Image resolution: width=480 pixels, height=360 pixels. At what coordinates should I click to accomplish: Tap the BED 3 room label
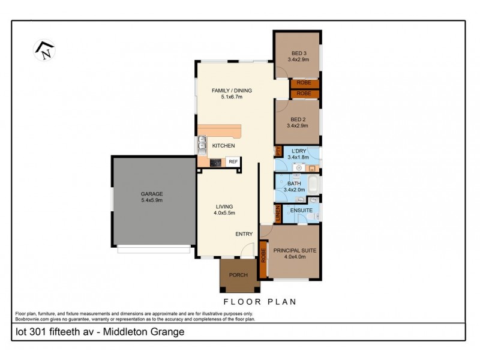(298, 53)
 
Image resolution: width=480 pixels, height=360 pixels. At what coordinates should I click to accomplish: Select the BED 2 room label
(298, 119)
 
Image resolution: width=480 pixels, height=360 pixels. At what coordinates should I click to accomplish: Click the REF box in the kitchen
(233, 161)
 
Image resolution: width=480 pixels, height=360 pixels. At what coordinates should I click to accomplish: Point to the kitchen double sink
(202, 145)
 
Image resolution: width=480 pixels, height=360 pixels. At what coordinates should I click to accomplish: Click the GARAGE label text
(152, 194)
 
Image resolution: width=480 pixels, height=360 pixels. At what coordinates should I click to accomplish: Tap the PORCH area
(239, 275)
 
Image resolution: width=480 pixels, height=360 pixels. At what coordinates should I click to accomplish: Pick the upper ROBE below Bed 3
(304, 84)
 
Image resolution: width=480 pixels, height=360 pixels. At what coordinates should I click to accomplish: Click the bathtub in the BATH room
(313, 184)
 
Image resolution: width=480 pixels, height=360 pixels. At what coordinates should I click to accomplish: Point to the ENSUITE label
(300, 211)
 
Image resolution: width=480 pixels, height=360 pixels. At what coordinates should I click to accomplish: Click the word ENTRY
(244, 234)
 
